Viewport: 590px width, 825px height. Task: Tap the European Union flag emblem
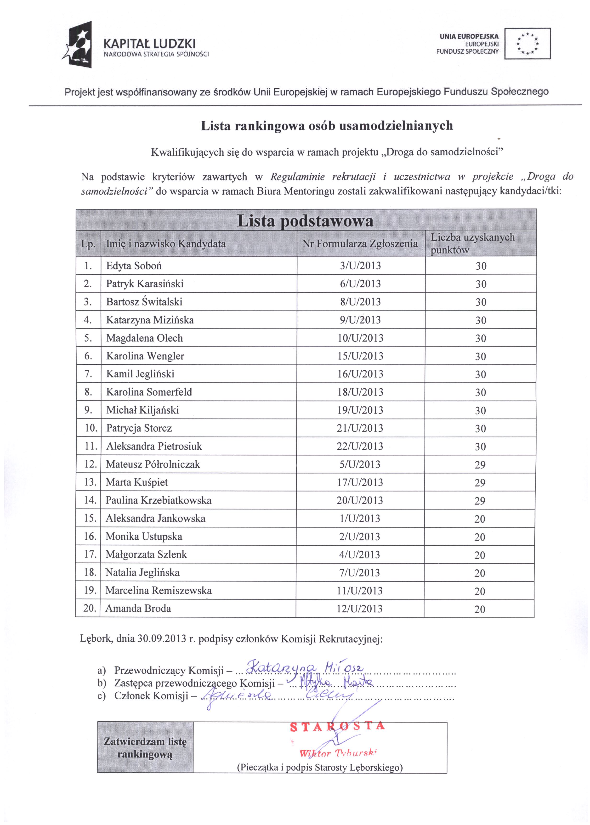(528, 44)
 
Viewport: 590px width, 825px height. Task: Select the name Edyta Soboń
(134, 266)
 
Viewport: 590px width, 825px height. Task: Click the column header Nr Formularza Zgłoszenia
(360, 244)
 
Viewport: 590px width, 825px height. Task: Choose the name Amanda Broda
(138, 609)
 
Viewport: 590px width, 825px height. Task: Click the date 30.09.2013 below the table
(162, 638)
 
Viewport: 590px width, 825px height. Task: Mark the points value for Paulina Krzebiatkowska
(480, 501)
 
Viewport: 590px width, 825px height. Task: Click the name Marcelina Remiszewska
(159, 591)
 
